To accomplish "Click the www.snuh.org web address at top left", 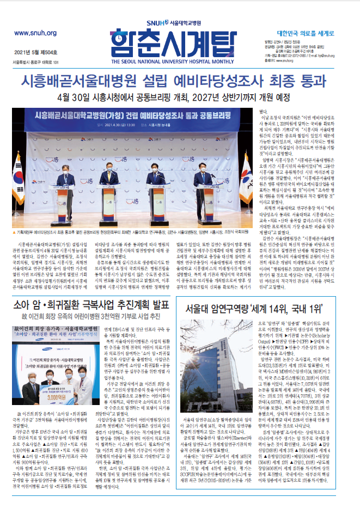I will point(36,33).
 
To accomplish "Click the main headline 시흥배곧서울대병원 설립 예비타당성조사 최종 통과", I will point(180,82).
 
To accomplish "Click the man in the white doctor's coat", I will point(70,388).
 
